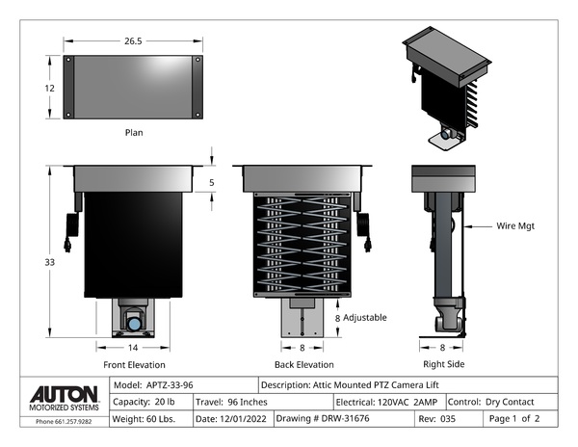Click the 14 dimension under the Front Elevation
134,347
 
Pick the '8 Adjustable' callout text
360,317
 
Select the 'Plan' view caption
134,132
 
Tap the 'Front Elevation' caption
134,365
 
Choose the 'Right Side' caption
443,364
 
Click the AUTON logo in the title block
64,395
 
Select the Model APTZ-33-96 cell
159,383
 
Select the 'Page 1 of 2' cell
514,419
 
